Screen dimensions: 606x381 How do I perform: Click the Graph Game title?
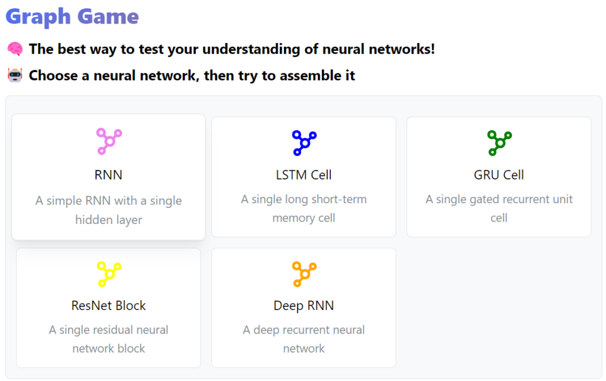72,17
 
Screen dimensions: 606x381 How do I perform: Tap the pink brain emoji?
15,49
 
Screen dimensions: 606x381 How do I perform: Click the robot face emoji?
15,75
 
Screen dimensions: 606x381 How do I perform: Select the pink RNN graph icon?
109,141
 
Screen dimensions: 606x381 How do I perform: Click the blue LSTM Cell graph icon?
304,143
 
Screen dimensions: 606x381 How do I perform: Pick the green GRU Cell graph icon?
499,143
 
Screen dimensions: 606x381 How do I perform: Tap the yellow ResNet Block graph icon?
109,274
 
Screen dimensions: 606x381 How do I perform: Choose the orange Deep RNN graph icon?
304,274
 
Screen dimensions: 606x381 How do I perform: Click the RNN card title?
109,175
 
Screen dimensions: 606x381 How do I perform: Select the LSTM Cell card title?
304,175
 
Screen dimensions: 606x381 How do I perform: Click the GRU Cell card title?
499,175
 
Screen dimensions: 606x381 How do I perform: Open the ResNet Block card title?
109,306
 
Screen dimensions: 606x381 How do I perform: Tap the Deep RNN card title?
304,306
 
